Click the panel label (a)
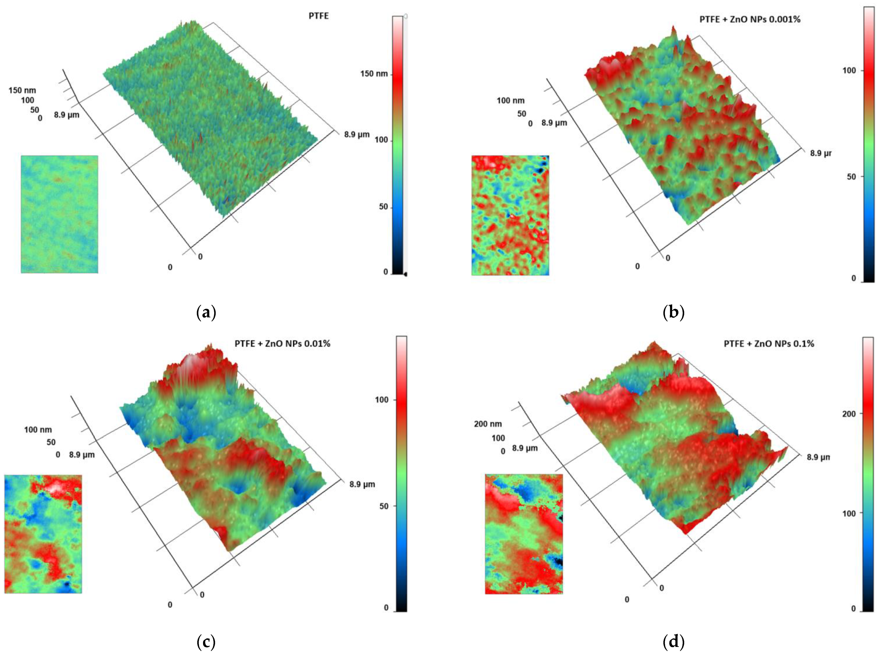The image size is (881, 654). pos(206,313)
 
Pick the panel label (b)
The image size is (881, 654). pos(673,313)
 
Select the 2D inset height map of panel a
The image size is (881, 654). pos(60,214)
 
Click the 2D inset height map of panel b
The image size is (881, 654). pos(510,215)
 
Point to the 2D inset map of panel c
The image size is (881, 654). pos(43,534)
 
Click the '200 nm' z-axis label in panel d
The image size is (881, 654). pos(488,424)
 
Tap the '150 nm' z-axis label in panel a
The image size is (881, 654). pos(22,90)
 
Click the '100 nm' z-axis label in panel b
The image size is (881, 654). pos(510,101)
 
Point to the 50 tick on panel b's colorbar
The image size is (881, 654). pos(851,177)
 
